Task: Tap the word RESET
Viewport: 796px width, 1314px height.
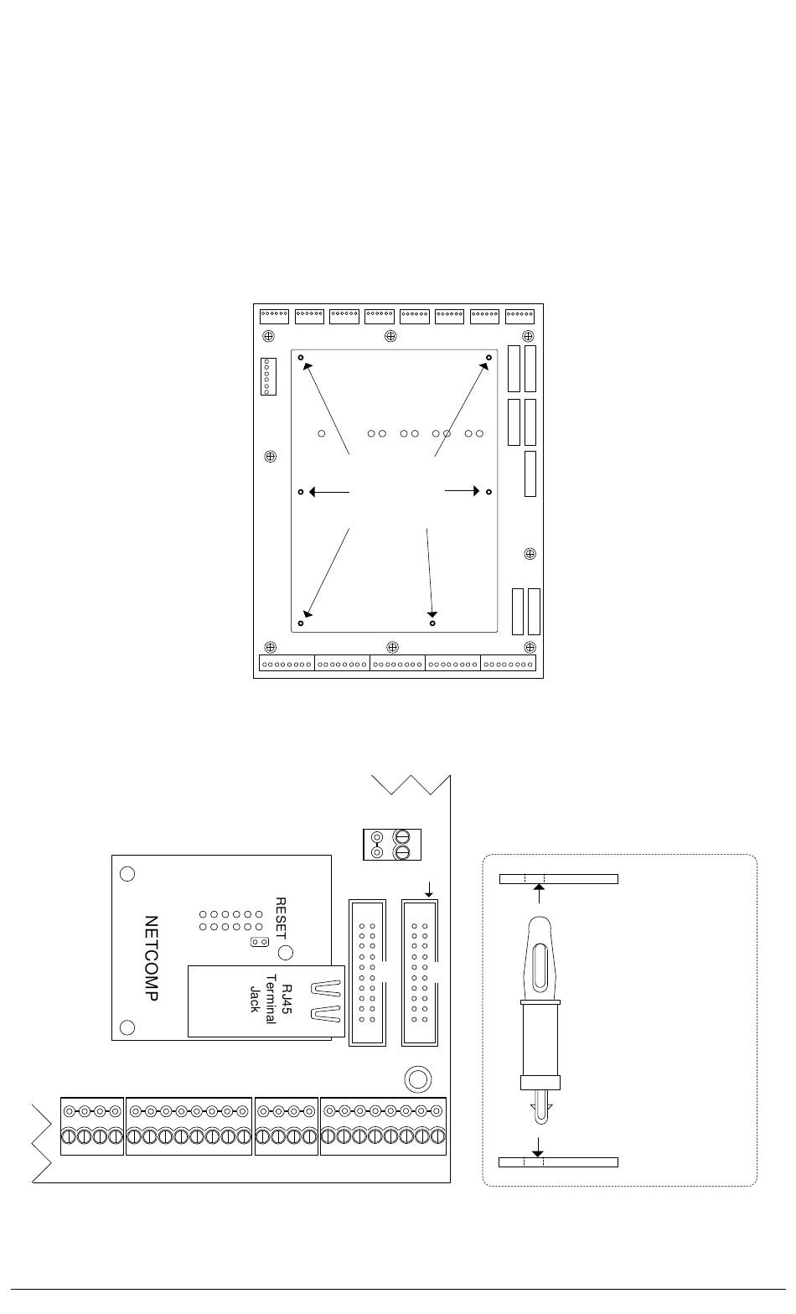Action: click(x=282, y=918)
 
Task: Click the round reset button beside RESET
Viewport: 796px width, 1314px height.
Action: click(x=285, y=952)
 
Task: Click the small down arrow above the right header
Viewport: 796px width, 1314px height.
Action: click(x=430, y=888)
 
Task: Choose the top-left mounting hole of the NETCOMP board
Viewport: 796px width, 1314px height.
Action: click(x=127, y=873)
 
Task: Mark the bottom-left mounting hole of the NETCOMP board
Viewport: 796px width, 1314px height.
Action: click(x=127, y=1027)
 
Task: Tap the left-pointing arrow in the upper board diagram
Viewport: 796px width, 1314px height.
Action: click(x=328, y=492)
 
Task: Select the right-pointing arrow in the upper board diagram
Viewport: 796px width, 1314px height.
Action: click(x=462, y=491)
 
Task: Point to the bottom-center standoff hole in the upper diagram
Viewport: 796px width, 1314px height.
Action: click(x=432, y=623)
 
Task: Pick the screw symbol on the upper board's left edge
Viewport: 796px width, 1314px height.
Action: click(x=271, y=457)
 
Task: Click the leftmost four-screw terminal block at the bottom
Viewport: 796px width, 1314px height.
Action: click(x=92, y=1125)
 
